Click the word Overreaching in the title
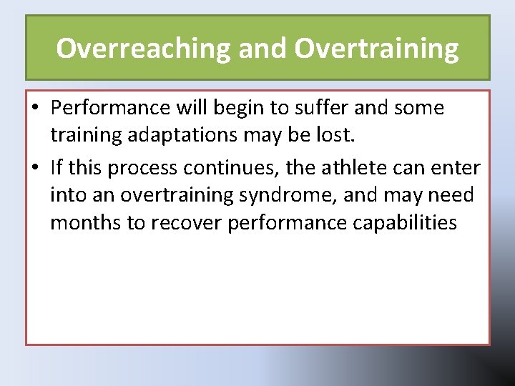pos(144,49)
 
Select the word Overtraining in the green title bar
pos(376,49)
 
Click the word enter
pos(457,168)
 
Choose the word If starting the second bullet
pos(57,168)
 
